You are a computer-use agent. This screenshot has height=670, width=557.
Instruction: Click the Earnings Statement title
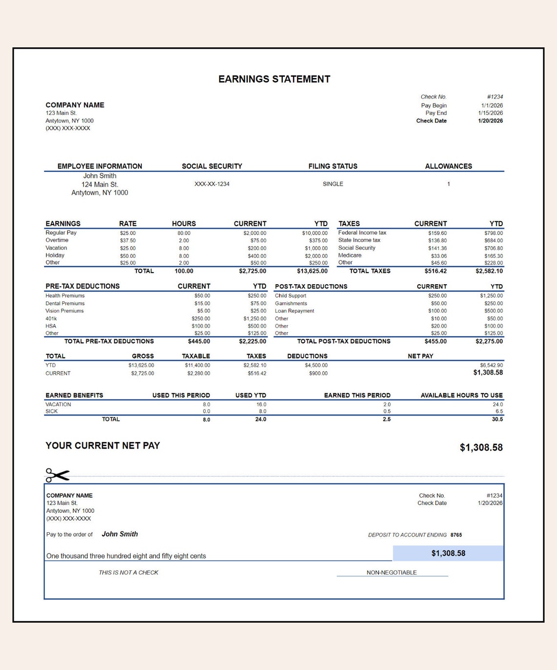[274, 79]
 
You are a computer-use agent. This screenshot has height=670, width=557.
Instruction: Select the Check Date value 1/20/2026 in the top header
[490, 121]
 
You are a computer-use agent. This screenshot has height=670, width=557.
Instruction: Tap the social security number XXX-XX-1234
[212, 184]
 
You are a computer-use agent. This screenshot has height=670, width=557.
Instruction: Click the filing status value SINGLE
[333, 184]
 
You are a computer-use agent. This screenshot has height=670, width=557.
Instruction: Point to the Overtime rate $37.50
[128, 241]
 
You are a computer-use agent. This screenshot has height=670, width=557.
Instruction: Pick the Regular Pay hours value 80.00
[184, 233]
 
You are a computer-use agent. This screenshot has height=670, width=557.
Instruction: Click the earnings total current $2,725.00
[252, 271]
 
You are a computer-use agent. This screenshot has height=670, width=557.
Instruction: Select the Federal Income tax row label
[362, 233]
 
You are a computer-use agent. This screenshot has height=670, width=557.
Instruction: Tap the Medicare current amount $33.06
[438, 256]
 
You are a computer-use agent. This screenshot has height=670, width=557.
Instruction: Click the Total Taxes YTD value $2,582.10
[489, 271]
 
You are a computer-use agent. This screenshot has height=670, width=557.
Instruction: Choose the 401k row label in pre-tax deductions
[51, 318]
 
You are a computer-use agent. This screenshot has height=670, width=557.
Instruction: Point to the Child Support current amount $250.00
[437, 296]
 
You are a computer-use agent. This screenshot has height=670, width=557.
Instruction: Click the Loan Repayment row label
[294, 311]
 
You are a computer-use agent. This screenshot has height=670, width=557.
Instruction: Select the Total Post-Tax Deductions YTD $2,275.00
[489, 341]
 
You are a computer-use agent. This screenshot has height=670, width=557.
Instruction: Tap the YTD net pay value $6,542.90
[491, 365]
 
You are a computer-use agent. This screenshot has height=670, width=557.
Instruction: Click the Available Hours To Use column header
[461, 395]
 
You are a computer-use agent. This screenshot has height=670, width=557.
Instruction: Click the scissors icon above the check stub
[57, 475]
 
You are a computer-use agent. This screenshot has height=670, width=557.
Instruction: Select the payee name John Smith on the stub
[120, 534]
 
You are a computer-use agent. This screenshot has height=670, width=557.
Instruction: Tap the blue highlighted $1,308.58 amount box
[448, 553]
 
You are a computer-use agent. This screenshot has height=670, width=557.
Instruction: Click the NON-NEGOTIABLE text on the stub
[391, 572]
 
